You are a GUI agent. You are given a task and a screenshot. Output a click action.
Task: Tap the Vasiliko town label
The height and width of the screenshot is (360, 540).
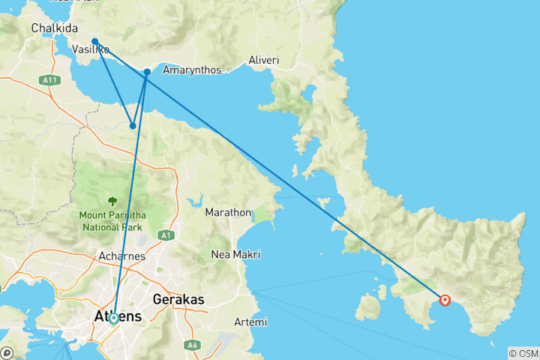coord(91,49)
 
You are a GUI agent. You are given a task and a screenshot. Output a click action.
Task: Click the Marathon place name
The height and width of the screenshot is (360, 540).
coord(228,212)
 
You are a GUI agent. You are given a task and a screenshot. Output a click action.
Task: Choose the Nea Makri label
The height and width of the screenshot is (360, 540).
coord(235,255)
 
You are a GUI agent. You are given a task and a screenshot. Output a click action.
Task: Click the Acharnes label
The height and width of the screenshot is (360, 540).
coord(120,256)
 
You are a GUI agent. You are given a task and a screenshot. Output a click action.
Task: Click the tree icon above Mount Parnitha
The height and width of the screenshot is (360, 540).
coord(112,201)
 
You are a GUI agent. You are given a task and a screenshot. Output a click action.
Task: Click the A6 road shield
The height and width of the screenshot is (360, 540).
coord(193,345)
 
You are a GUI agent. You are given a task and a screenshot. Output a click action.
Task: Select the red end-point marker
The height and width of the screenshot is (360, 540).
coord(445,300)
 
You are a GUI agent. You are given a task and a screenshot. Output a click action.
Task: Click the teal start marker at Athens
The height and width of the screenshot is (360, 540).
coord(113,318)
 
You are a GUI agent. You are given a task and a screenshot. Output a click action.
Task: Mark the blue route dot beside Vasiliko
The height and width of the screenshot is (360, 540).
coord(94,41)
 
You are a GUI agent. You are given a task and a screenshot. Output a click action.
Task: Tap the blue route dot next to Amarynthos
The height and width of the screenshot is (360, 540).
coord(147,72)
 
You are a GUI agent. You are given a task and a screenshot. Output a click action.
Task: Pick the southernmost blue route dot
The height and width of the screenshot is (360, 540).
coord(133,126)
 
